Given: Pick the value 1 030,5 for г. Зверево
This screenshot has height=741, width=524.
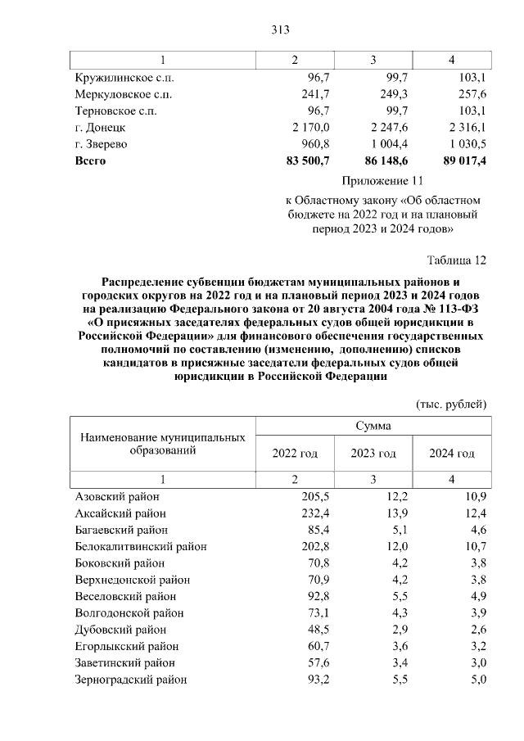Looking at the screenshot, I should (465, 144).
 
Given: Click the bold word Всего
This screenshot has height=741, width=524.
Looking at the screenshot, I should (91, 160).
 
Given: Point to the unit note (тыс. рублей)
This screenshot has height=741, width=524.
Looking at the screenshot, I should (452, 404).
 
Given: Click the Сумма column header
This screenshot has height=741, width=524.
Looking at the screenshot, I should (373, 426).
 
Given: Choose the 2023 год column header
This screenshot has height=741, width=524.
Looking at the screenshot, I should (373, 454).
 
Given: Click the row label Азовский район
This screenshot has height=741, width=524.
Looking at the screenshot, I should (117, 497).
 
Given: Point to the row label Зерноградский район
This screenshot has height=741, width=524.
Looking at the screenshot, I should (131, 680).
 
